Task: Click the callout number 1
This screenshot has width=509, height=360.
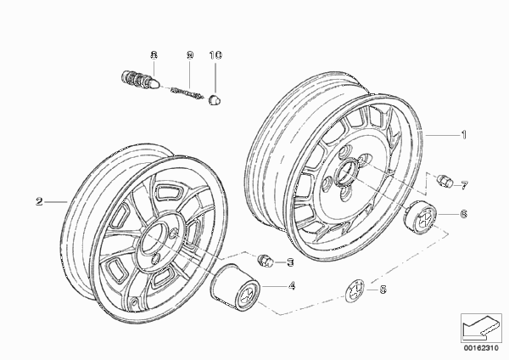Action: [464, 134]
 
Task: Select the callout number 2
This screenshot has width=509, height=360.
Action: [39, 201]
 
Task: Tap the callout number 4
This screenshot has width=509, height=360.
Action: [292, 286]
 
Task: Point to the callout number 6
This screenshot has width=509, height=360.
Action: [463, 214]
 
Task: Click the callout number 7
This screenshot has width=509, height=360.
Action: [464, 186]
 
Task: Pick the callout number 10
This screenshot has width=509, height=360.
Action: [215, 55]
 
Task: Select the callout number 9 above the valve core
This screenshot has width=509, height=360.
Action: [190, 55]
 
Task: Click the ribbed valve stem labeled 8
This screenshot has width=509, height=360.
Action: [140, 80]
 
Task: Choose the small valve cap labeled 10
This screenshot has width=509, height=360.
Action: [215, 100]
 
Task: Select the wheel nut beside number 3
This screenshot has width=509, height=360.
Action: [266, 260]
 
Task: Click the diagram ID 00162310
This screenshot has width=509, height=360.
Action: [481, 348]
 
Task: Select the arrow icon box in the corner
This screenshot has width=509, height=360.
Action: [481, 328]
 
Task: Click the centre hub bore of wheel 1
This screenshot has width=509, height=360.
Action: [347, 172]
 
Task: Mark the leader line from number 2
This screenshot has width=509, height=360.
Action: [55, 202]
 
